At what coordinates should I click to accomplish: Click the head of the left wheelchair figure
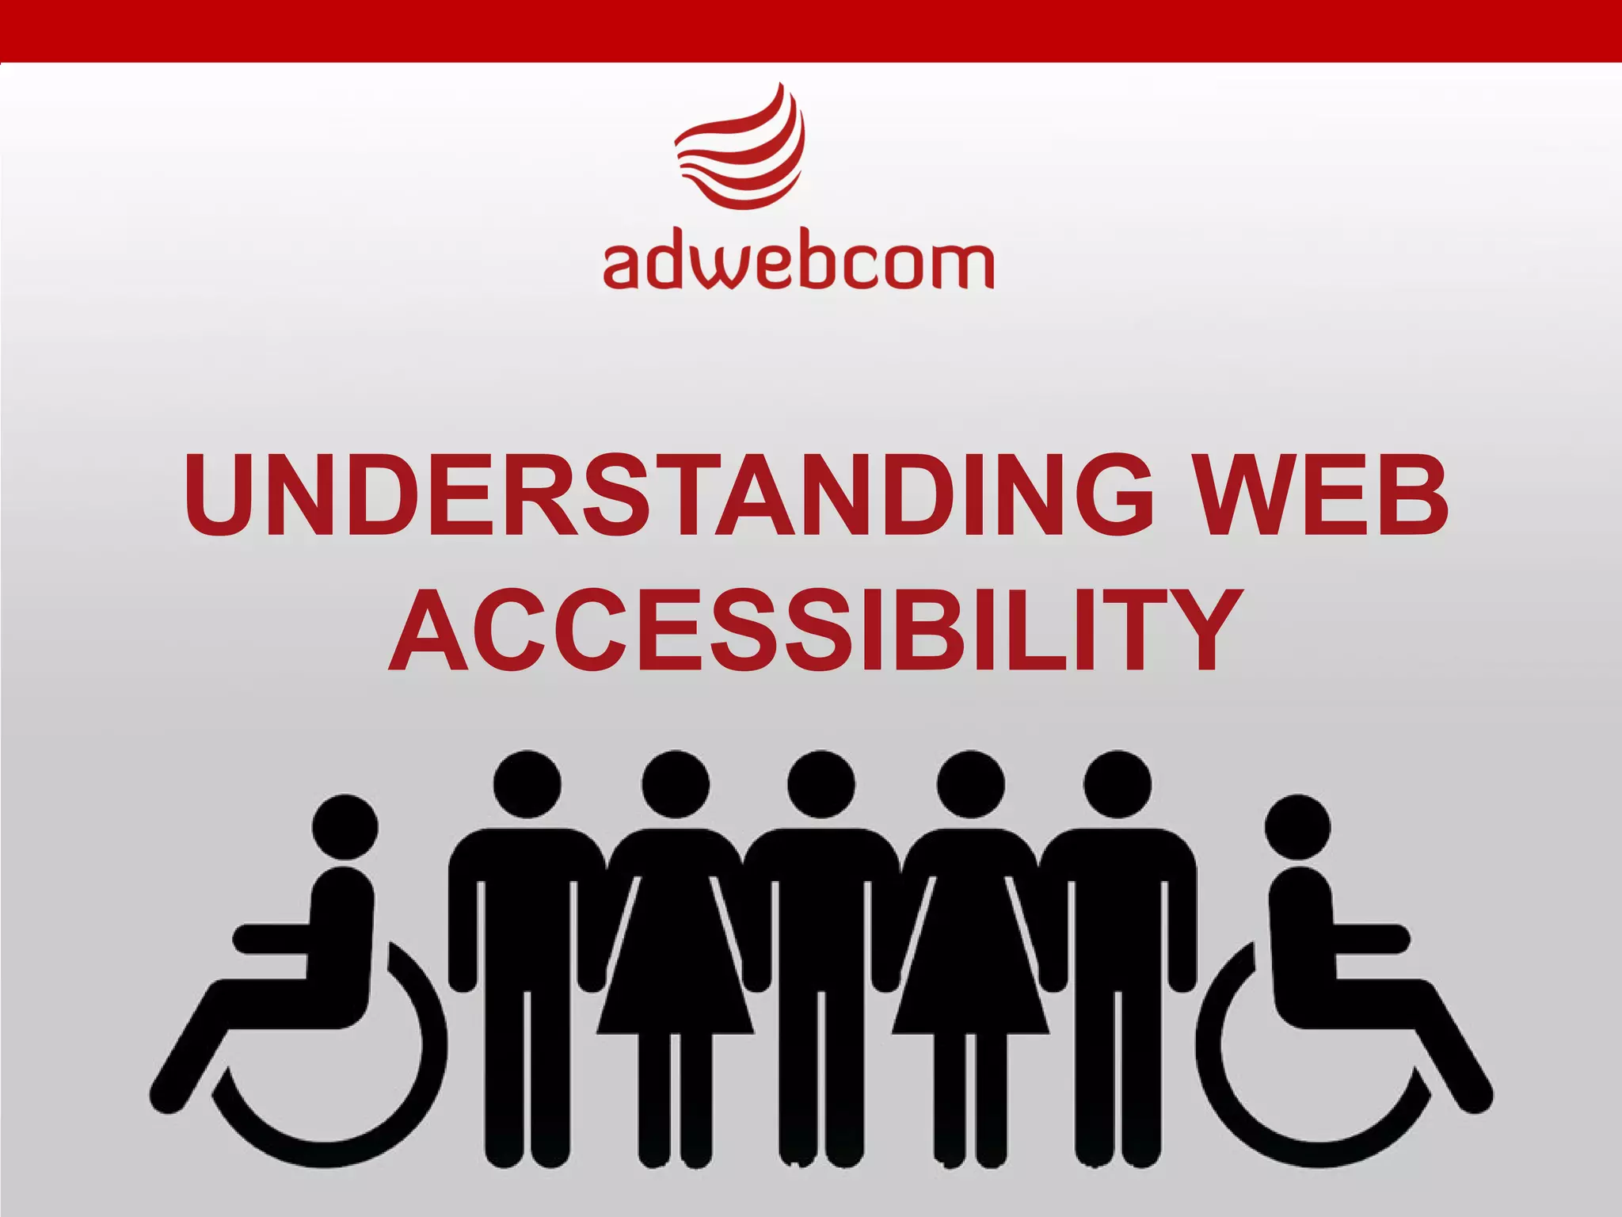[x=345, y=826]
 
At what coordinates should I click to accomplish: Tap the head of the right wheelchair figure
[x=1297, y=826]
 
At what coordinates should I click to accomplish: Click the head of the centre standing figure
[x=821, y=784]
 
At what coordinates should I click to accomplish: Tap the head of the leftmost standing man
[x=527, y=784]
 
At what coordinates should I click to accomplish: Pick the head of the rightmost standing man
[x=1118, y=784]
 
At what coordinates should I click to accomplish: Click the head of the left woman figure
[x=676, y=784]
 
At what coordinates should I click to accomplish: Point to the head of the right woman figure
[x=970, y=784]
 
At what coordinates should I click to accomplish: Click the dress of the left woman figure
[x=676, y=975]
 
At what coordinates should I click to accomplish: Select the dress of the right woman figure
[x=970, y=975]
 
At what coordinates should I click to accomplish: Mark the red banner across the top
[x=811, y=30]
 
